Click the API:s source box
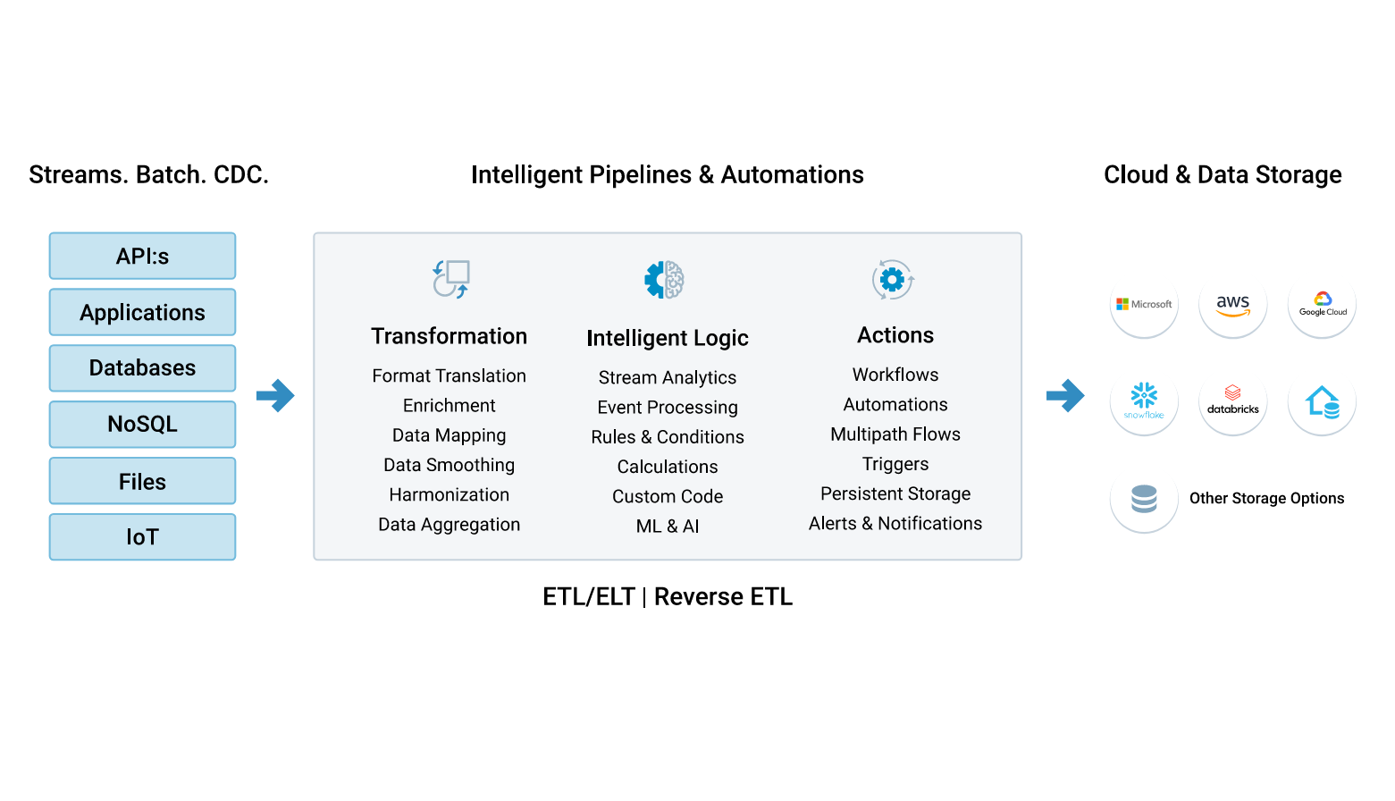click(x=142, y=257)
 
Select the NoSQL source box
click(x=142, y=424)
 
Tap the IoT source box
click(x=142, y=536)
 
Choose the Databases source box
click(x=142, y=368)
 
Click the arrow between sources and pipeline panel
click(x=275, y=395)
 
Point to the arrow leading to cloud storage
click(x=1065, y=395)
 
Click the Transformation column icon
click(x=451, y=279)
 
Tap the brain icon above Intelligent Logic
click(x=665, y=280)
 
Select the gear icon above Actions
click(x=893, y=280)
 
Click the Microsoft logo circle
click(x=1144, y=305)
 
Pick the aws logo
click(x=1233, y=305)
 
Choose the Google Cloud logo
click(x=1323, y=305)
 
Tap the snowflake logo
click(x=1144, y=401)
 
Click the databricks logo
click(x=1233, y=401)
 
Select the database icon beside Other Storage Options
click(x=1144, y=498)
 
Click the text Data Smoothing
click(x=449, y=465)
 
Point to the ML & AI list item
click(x=668, y=527)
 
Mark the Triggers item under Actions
click(x=895, y=464)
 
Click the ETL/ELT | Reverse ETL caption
click(x=668, y=596)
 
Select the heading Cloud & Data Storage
click(x=1223, y=174)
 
